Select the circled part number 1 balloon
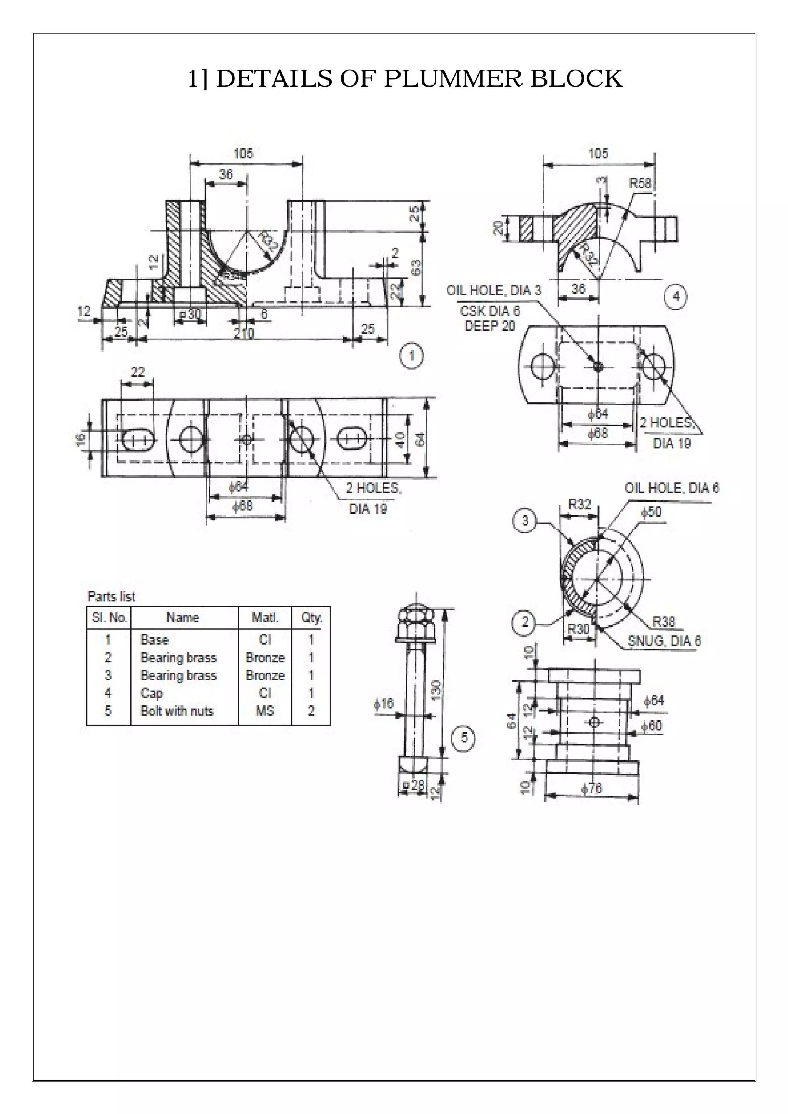click(411, 356)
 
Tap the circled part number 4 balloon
click(676, 295)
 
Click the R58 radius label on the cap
click(639, 183)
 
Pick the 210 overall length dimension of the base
click(244, 334)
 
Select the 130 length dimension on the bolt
click(436, 688)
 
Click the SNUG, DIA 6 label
click(664, 641)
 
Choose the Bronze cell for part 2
click(265, 657)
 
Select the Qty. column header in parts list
click(311, 618)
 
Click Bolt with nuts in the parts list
click(177, 711)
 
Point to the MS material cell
click(265, 711)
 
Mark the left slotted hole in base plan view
click(138, 439)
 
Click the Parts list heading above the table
click(111, 596)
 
